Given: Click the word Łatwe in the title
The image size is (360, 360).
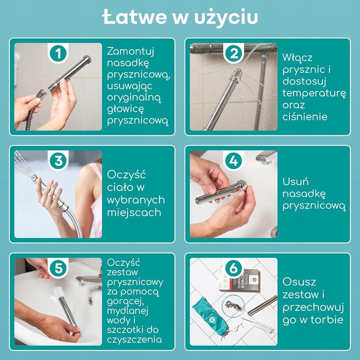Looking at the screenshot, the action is coord(134,16).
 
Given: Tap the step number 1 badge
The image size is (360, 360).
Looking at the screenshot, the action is coord(58,53).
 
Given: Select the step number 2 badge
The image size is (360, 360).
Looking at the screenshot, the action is coord(233,53).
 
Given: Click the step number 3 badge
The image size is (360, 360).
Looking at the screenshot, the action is coord(58,160).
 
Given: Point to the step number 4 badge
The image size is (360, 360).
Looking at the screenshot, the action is coord(233,160).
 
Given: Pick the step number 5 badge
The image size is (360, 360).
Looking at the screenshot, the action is coord(58,268).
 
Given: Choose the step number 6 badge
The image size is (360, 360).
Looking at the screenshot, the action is coord(233,268).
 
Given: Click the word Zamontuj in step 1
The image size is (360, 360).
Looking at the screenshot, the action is coord(130,51).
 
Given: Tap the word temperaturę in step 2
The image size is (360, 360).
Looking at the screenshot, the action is coord(314,93).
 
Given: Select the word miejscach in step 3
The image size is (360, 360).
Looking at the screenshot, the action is coord(134,212).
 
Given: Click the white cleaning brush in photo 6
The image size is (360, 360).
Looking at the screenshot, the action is coord(258,324).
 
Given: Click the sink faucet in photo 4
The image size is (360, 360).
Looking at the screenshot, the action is coord(266,157).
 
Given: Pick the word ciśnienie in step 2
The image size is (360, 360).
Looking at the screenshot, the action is coord(304,116).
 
